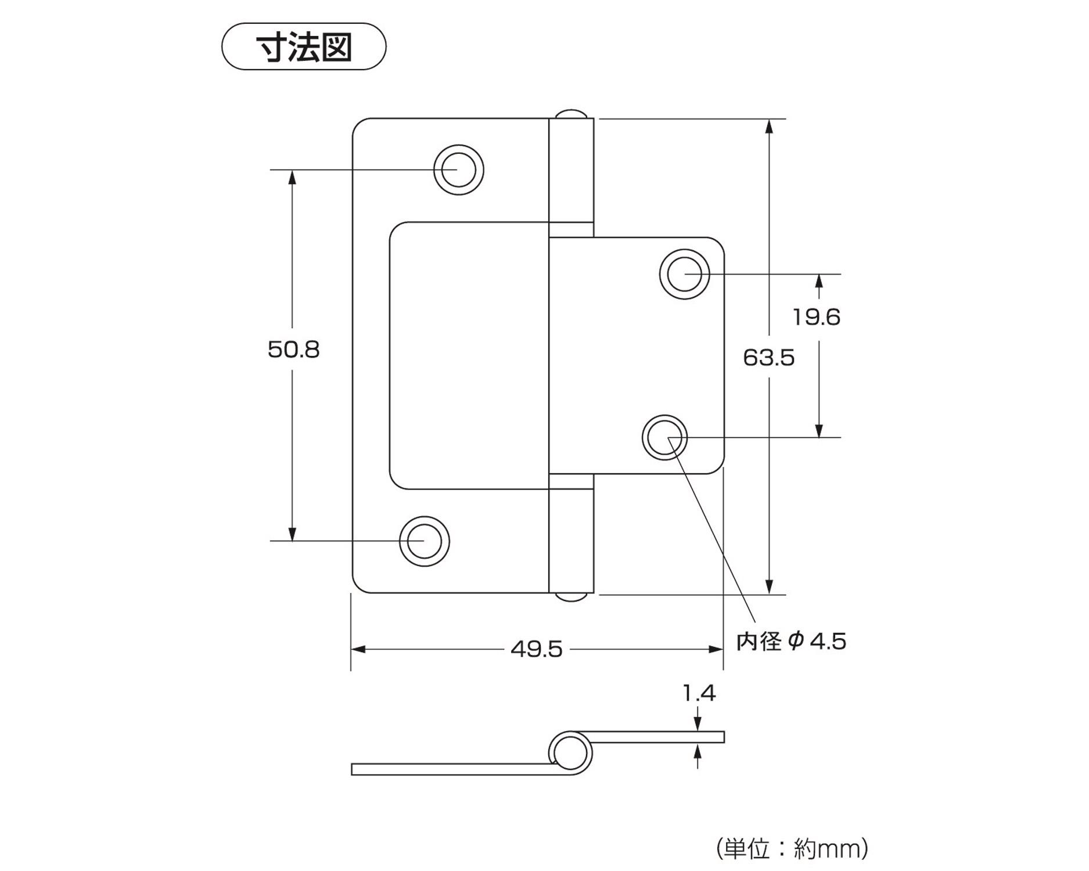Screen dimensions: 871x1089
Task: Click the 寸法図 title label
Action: pos(304,47)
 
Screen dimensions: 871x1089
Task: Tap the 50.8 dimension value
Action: pos(293,350)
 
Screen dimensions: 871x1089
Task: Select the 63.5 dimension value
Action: pos(768,358)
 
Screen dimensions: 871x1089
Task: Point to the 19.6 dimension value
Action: pos(817,317)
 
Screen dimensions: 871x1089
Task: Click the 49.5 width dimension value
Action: pos(537,649)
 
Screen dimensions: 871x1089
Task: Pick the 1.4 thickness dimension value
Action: pos(699,693)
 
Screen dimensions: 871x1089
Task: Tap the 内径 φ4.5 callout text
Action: pos(791,642)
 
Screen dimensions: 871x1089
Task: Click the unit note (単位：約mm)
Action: pos(792,849)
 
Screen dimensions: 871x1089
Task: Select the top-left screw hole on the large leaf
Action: pos(459,170)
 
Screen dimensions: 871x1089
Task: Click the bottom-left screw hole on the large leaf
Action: pos(425,541)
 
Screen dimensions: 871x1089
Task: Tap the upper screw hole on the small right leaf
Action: pos(685,274)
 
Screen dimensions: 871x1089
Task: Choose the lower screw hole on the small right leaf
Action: pos(665,437)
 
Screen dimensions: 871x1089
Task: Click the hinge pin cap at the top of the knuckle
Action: pos(572,113)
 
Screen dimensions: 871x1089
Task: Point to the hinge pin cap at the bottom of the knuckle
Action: pos(572,598)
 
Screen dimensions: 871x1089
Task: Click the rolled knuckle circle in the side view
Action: pos(570,753)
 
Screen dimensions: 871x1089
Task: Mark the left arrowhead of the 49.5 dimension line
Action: pos(358,649)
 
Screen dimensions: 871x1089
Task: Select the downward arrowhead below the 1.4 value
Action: pos(698,724)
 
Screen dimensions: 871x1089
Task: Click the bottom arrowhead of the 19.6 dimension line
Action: pos(819,430)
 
